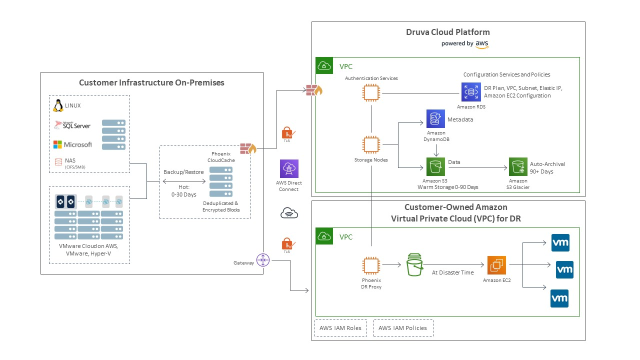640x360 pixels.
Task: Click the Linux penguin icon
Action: tap(58, 105)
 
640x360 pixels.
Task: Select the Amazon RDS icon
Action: tap(471, 92)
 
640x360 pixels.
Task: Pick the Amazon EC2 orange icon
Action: tap(496, 265)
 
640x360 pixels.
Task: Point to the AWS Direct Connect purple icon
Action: tap(289, 169)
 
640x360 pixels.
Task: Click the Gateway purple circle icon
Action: tap(263, 260)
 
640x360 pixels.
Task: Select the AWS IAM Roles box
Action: tap(340, 328)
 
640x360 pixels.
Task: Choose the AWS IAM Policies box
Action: tap(403, 328)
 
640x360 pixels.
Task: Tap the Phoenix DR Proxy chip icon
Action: tap(370, 265)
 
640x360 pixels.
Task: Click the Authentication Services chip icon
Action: tap(371, 92)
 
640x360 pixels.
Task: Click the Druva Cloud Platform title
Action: tap(447, 32)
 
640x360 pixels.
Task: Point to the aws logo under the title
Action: tap(482, 44)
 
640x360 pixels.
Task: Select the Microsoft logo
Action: tap(72, 144)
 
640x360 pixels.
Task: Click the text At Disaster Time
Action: tap(452, 272)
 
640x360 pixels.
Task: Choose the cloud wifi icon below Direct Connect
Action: tap(289, 213)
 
